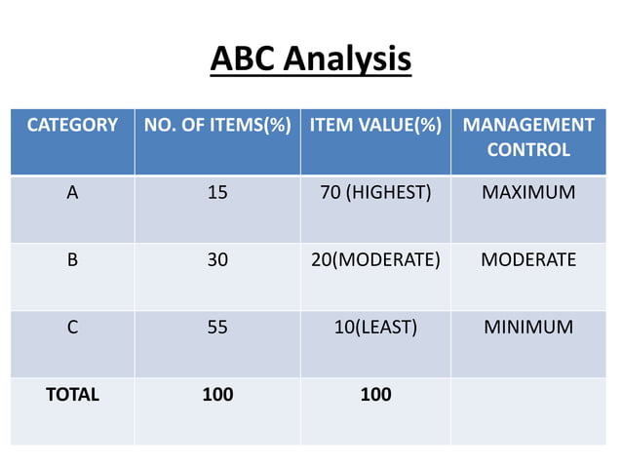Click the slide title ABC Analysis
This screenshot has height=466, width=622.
311,59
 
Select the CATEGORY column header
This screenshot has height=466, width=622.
72,126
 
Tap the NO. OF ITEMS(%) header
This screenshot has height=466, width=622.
217,126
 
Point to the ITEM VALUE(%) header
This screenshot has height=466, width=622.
375,126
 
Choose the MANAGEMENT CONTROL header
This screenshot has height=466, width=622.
528,137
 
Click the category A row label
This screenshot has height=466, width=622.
72,192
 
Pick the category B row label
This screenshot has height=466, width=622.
72,260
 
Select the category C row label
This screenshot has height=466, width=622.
72,328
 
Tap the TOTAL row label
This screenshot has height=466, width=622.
72,395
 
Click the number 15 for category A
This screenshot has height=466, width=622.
217,192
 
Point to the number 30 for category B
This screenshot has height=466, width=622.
217,260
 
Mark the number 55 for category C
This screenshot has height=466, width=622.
217,328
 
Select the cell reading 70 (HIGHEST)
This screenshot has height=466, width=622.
375,192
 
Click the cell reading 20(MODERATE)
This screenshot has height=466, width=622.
375,260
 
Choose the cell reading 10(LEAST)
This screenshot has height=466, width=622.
375,328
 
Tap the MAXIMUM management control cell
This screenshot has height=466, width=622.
528,192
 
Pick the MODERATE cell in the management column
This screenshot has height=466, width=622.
528,260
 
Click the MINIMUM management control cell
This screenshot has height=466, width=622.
528,328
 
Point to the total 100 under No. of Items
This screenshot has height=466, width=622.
217,395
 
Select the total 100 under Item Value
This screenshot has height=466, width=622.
375,395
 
